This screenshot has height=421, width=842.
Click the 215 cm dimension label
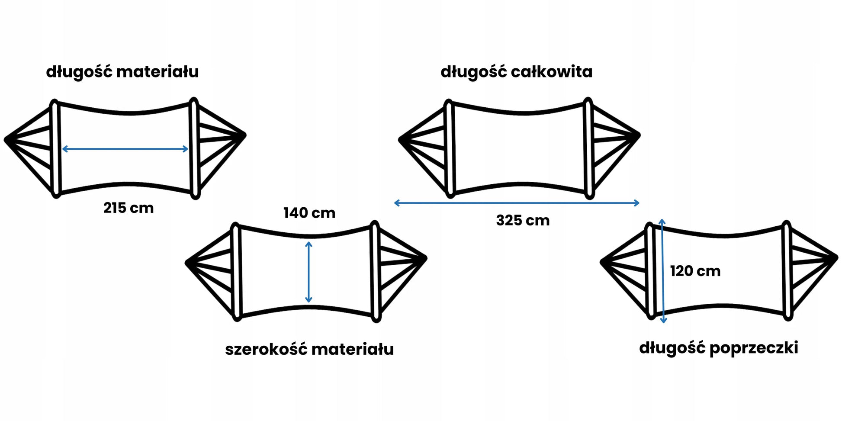click(129, 208)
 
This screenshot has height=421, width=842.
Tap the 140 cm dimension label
click(309, 213)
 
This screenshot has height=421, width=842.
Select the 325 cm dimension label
click(523, 221)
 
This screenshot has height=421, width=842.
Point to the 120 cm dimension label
click(695, 271)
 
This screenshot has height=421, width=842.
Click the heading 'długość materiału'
click(122, 72)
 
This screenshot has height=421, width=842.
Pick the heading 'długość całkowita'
click(517, 72)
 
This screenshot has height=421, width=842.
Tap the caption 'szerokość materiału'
click(309, 349)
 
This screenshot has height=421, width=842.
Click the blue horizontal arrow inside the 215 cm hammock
click(125, 149)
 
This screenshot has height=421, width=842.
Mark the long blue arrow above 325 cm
click(517, 203)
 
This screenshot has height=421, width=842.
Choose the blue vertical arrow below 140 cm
click(309, 272)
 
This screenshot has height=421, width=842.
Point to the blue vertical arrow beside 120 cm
click(663, 271)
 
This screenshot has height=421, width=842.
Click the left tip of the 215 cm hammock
click(6, 139)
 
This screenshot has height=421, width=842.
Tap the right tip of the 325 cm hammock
click(639, 135)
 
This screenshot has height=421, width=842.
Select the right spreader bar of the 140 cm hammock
click(375, 272)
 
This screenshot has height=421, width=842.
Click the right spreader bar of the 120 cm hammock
click(787, 271)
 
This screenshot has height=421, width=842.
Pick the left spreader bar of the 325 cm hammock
click(449, 148)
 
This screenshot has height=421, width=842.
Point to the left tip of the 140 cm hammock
click(187, 263)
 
